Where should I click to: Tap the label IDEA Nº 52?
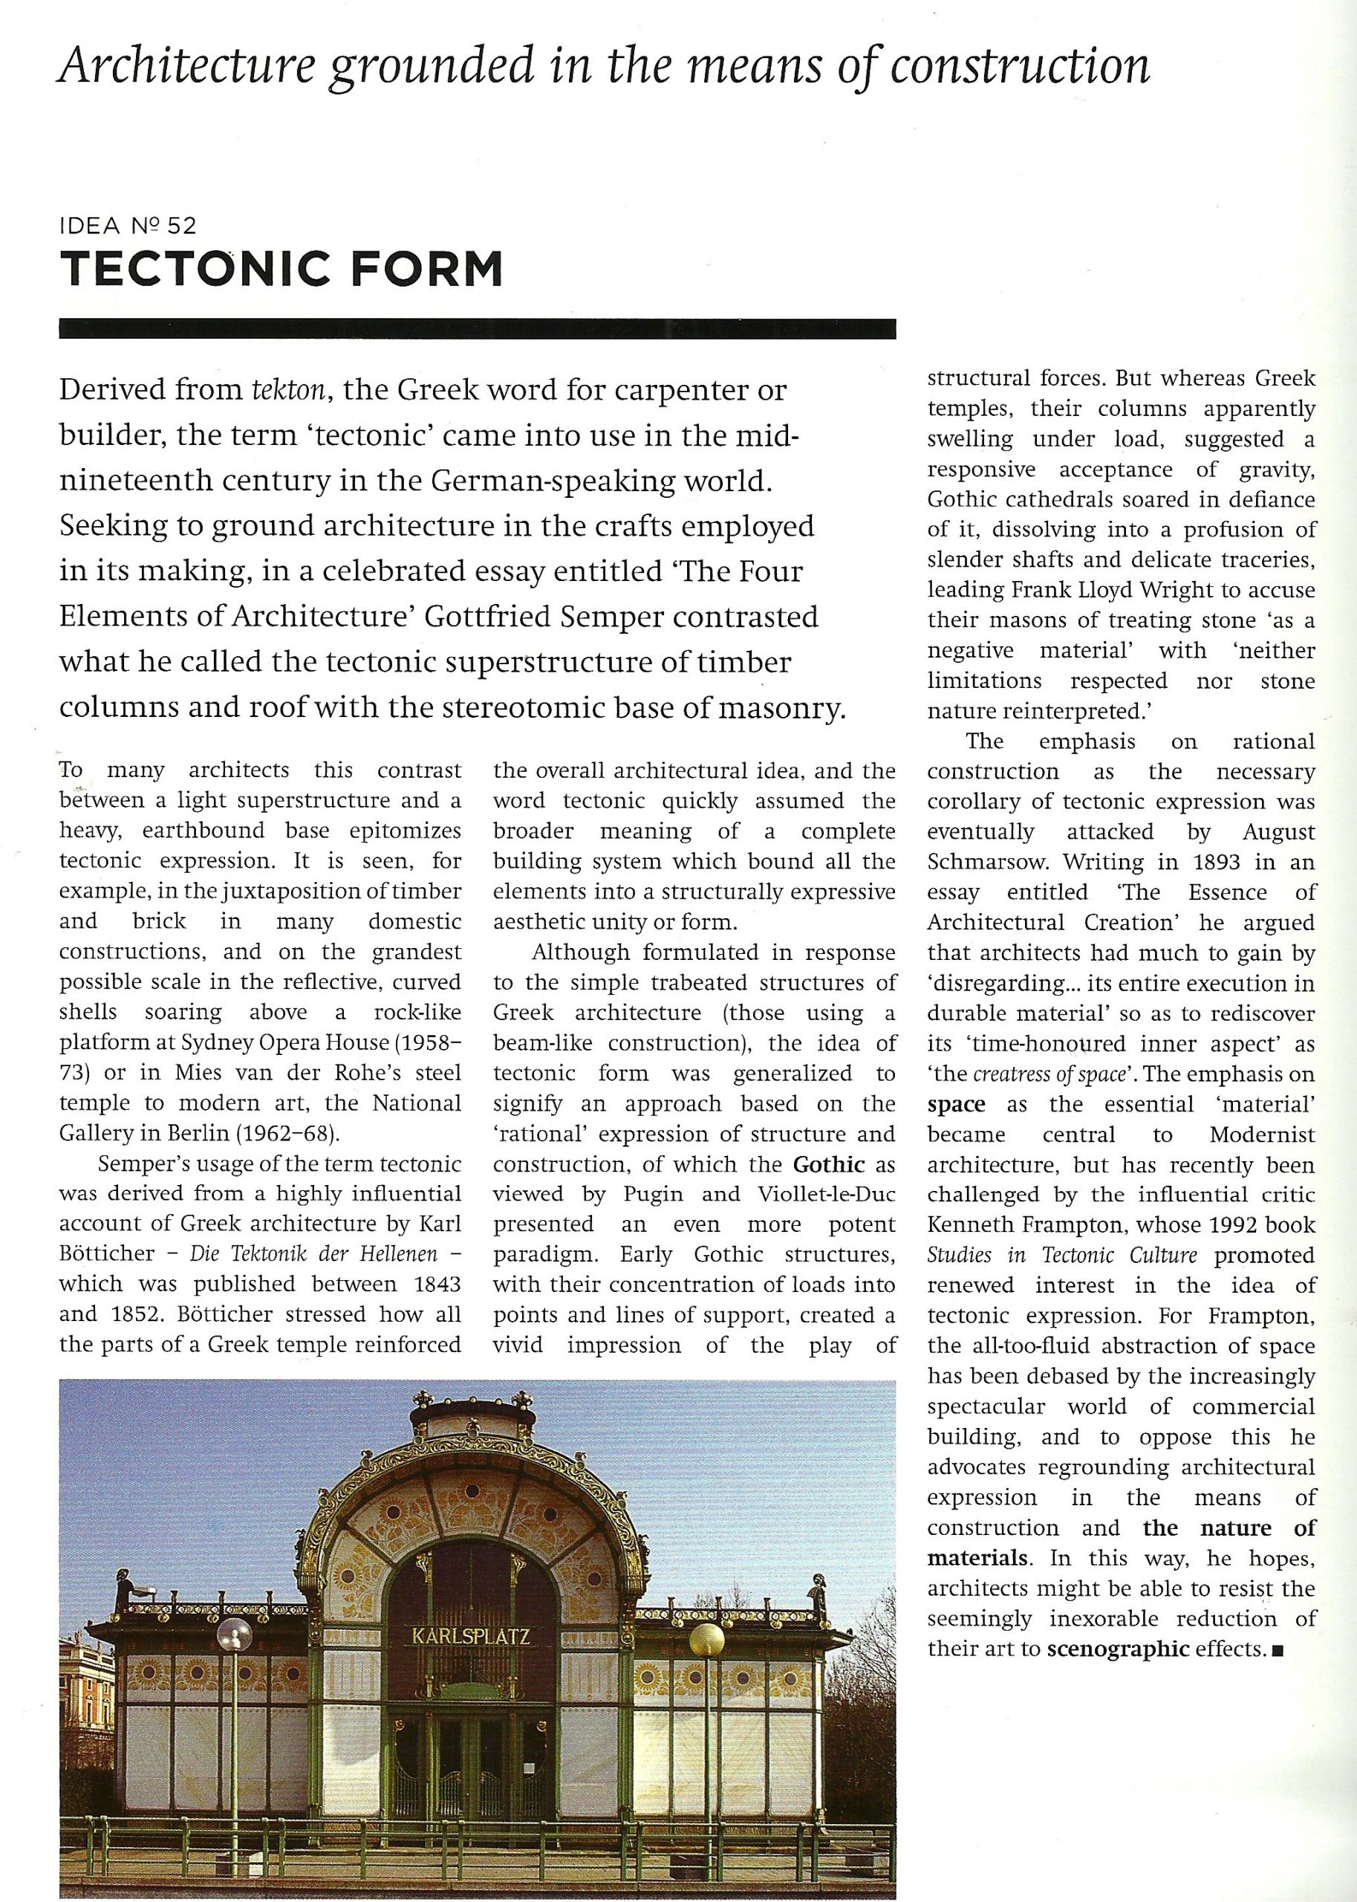point(128,225)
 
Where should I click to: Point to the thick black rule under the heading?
point(477,328)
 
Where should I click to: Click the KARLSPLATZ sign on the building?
point(471,1635)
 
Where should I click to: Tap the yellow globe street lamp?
point(707,1640)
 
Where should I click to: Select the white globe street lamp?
point(234,1632)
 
